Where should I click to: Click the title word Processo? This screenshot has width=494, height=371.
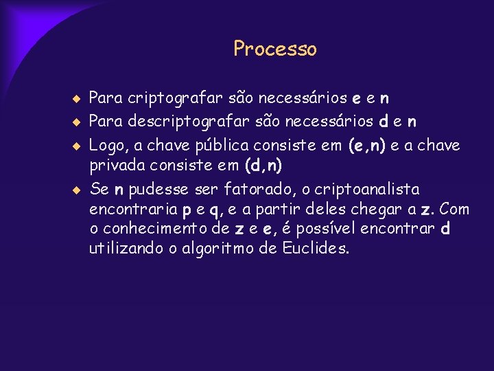click(x=274, y=49)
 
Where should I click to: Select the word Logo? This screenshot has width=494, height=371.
click(x=106, y=146)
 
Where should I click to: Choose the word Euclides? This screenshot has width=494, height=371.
click(x=316, y=249)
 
